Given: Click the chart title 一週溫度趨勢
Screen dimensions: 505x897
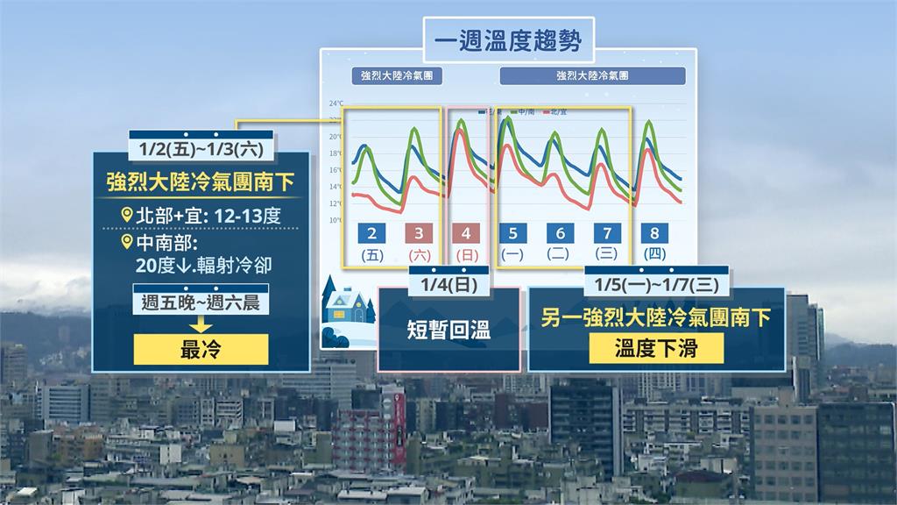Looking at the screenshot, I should click(507, 40).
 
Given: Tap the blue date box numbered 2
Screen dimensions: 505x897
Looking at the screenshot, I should click(372, 233).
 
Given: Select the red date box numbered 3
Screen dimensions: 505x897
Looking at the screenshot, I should click(419, 233).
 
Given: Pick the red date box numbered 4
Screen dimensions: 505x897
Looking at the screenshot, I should click(466, 233).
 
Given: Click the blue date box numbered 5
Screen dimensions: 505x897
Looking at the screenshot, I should click(512, 233).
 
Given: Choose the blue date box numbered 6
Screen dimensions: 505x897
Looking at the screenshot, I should click(560, 233).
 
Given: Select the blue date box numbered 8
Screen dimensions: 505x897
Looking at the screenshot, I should click(653, 233).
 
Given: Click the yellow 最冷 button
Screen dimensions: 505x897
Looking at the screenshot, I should click(201, 349).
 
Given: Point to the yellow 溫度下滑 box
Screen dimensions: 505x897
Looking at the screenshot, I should click(656, 348).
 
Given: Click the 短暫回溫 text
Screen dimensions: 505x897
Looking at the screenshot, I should click(448, 331).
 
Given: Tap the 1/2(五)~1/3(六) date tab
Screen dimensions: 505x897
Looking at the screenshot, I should click(201, 146).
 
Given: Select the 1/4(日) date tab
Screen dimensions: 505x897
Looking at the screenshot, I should click(448, 286).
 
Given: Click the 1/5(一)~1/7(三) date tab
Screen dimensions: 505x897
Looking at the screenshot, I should click(656, 286).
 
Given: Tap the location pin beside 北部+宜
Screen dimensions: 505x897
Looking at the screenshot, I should click(129, 213).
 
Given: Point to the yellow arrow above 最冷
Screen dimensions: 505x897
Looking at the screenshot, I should click(201, 324).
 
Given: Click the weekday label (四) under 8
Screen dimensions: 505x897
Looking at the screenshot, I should click(653, 254).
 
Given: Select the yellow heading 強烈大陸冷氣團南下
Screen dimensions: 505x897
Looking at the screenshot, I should click(201, 182).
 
